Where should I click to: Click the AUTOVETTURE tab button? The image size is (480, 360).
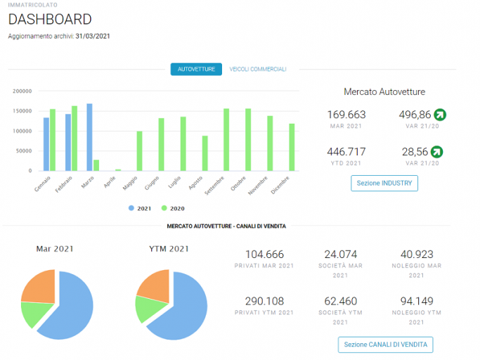[x=196, y=69]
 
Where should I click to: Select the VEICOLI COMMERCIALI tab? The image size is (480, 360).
[x=258, y=69]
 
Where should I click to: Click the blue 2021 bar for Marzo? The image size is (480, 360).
[x=89, y=137]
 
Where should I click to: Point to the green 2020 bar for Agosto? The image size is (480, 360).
[x=205, y=153]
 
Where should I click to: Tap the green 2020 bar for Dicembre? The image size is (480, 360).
[x=292, y=148]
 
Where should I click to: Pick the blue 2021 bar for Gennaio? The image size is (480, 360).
[x=46, y=144]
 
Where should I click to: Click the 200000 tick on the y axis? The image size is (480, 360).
[x=22, y=91]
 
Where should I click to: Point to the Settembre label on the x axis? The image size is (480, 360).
[x=214, y=186]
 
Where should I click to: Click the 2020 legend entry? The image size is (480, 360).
[x=173, y=208]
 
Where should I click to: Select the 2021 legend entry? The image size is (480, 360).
[x=140, y=208]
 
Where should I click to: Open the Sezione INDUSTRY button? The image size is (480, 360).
[x=384, y=184]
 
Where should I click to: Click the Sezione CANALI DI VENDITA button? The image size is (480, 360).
[x=385, y=345]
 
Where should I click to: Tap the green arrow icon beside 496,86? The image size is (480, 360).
[x=440, y=115]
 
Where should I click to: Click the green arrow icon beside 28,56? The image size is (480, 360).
[x=437, y=152]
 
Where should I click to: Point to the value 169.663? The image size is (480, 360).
[x=346, y=115]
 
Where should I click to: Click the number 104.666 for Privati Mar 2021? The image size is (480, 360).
[x=264, y=255]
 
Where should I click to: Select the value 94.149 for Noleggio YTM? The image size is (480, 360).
[x=417, y=301]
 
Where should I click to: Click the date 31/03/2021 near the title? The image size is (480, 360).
[x=93, y=36]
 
